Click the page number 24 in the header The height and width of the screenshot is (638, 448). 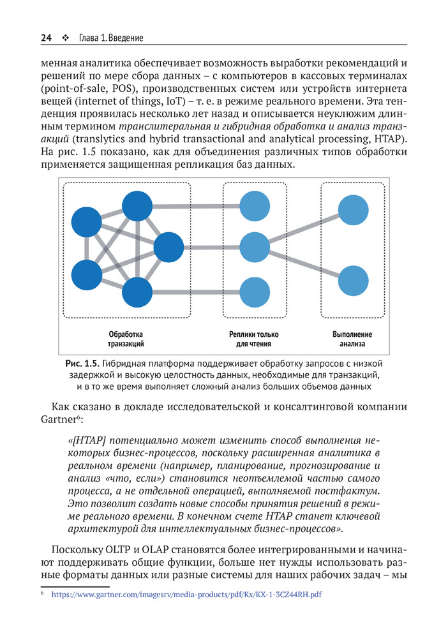(x=46, y=38)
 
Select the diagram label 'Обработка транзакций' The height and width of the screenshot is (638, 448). (x=126, y=339)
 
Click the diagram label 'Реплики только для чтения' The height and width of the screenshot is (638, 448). (x=253, y=339)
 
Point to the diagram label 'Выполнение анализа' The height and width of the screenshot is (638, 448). (x=352, y=339)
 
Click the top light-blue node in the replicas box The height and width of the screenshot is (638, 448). (x=255, y=205)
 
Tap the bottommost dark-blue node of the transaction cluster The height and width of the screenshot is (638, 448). (x=137, y=293)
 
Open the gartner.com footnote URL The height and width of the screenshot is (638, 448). (x=186, y=593)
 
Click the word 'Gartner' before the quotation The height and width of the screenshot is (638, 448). (x=55, y=420)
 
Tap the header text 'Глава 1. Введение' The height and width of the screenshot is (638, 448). (x=110, y=38)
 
